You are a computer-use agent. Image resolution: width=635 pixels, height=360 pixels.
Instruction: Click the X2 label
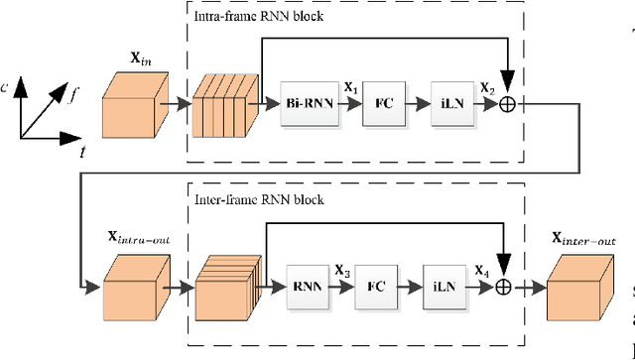[x=487, y=86]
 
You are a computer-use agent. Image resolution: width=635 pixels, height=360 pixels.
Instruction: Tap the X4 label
[x=481, y=270]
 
